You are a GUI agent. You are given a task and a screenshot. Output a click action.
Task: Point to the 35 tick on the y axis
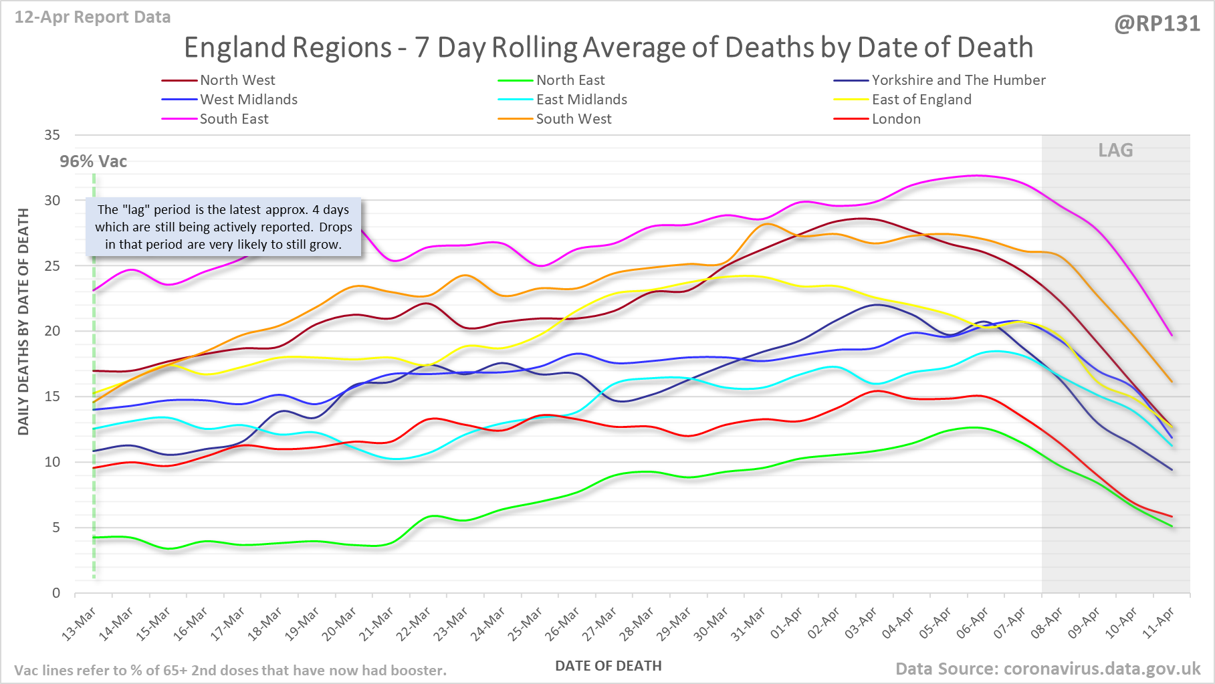pos(52,135)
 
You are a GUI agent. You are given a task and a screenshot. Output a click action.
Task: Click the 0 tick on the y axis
pos(56,593)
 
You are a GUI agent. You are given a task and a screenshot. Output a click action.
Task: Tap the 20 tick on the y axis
pos(52,331)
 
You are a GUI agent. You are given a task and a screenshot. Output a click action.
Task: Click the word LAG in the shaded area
pos(1115,150)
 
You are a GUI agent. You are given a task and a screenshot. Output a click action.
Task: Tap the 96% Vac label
pos(93,162)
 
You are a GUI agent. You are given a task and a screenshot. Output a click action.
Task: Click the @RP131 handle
pos(1157,24)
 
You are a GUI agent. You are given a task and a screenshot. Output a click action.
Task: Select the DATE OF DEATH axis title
pos(608,666)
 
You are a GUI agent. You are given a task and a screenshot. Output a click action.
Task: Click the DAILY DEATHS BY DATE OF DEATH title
pos(24,322)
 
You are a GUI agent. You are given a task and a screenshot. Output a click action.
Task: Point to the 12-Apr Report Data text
pos(92,17)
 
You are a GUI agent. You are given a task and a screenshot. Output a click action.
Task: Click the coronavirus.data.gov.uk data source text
pos(1048,669)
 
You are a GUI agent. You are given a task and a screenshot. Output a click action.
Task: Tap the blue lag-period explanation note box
pos(223,227)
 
